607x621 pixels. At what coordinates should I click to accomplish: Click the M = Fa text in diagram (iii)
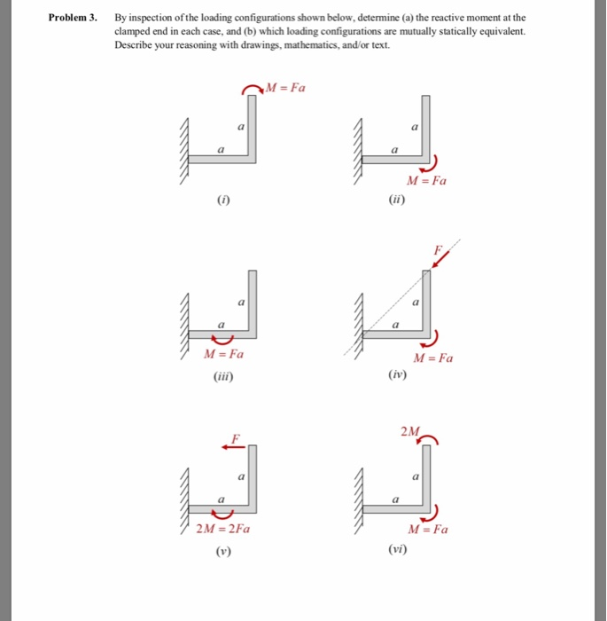[223, 355]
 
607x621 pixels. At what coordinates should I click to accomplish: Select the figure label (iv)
[397, 376]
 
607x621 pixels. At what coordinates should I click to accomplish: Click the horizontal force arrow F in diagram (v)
[234, 447]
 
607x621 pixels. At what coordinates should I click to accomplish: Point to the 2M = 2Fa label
[222, 530]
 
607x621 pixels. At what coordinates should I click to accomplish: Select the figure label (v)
[218, 551]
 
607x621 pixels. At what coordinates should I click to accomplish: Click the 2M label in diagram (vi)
[409, 432]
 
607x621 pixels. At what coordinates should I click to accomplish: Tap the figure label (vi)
[397, 551]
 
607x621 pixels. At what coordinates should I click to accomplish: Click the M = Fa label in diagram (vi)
[428, 530]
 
